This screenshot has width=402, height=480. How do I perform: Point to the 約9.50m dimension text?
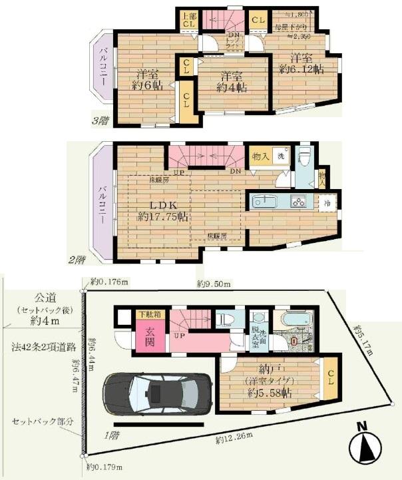pos(214,284)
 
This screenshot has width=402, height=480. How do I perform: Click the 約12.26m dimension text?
pos(232,439)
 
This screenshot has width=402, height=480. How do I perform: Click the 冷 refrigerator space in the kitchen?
pos(327,201)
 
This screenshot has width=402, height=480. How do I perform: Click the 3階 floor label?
pos(100,120)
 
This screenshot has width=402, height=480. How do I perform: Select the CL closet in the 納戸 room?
pos(330,378)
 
